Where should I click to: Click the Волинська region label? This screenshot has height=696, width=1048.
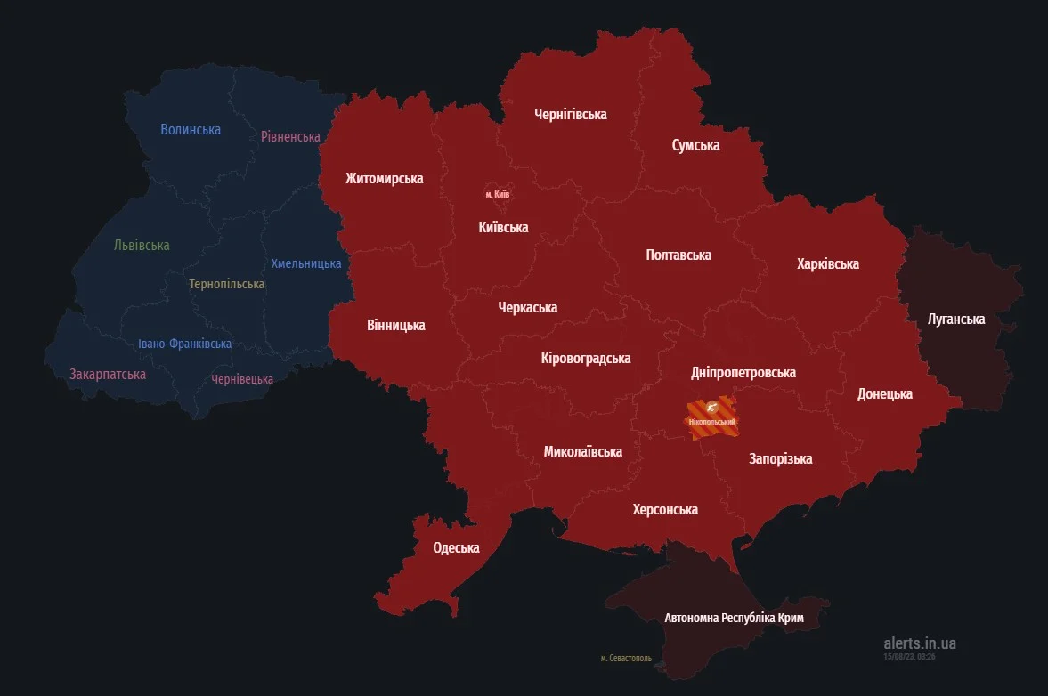[191, 129]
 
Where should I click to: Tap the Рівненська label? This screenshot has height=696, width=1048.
[290, 136]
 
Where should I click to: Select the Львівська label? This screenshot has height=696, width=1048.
[142, 245]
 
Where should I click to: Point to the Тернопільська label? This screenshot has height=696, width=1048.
[226, 284]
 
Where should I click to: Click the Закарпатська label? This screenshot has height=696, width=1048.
[108, 374]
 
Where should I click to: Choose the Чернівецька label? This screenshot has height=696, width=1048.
[242, 379]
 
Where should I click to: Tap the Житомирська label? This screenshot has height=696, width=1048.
[384, 178]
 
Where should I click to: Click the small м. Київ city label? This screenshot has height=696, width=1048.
[497, 193]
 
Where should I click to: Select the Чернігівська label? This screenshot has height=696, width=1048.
[570, 114]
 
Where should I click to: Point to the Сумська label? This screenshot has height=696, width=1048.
[695, 145]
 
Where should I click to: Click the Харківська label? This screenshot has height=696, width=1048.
[827, 263]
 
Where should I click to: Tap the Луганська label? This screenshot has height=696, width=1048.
[956, 319]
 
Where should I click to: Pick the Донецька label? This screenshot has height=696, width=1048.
[884, 393]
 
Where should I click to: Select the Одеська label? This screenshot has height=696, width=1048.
[456, 547]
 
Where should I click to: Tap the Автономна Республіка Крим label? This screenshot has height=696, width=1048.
[734, 617]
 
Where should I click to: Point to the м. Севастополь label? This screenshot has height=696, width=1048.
[625, 659]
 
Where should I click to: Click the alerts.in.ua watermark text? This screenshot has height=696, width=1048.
[919, 643]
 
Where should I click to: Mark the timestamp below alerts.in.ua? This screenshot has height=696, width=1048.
[909, 656]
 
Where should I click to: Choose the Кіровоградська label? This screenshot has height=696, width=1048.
[585, 358]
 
